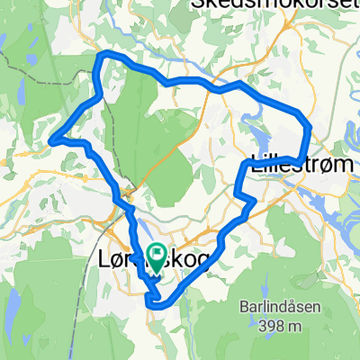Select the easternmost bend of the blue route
pyautogui.click(x=310, y=128)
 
